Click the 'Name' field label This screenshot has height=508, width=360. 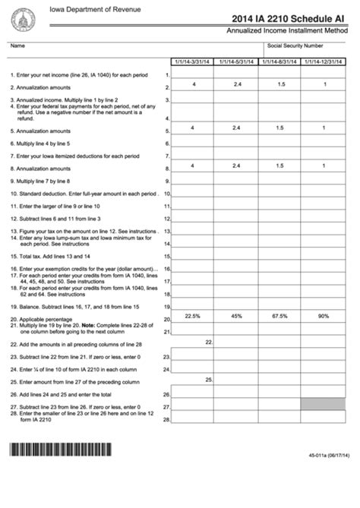(17, 46)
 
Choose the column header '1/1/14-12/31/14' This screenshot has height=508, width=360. (324, 61)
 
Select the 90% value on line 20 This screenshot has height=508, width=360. (324, 315)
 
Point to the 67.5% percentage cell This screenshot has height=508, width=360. (280, 315)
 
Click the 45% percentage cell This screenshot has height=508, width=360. (237, 315)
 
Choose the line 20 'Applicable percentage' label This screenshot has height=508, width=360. (44, 318)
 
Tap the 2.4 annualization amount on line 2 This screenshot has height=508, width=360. (237, 83)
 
